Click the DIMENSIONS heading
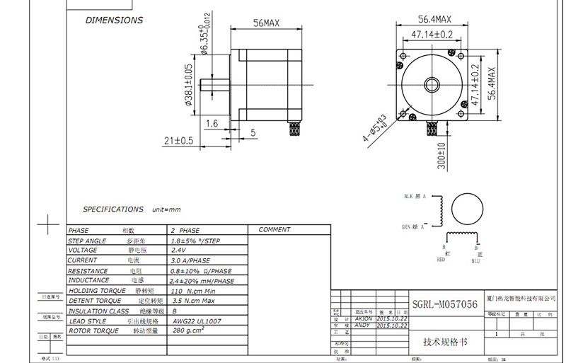coord(114,21)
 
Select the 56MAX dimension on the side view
coord(266,24)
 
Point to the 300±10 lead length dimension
coord(441,156)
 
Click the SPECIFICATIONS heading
coord(113,209)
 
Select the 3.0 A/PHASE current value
coord(190,260)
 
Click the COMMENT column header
coord(275,230)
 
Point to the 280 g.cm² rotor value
coord(189,330)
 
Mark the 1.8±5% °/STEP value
coord(196,241)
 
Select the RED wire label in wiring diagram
coord(441,260)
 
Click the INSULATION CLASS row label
coord(98,311)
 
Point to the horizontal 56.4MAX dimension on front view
coord(432,19)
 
